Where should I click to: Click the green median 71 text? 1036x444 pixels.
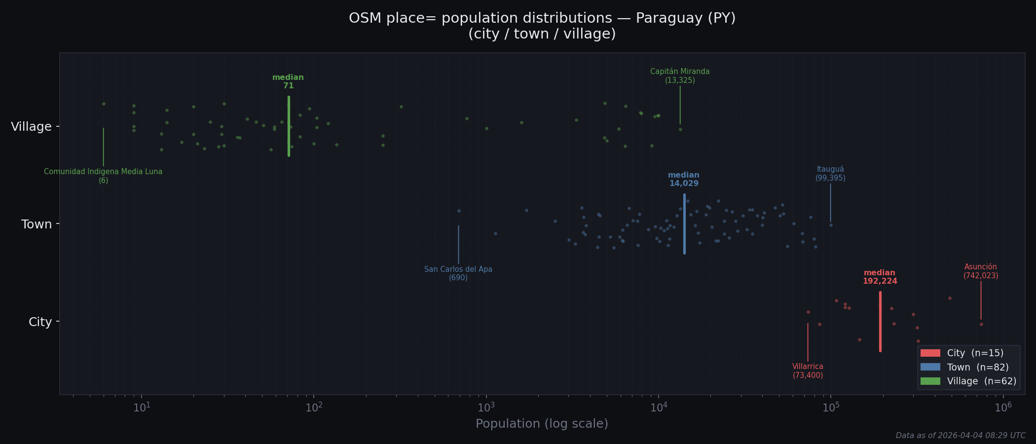click(x=288, y=82)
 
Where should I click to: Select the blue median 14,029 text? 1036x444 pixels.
click(x=684, y=180)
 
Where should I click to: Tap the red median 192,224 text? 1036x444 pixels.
click(x=880, y=277)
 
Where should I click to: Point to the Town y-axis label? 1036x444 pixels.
click(x=37, y=224)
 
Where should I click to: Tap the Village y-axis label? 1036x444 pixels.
click(x=31, y=127)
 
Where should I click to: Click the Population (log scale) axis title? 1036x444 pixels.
click(x=542, y=424)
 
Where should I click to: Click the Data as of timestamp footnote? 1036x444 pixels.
click(x=960, y=436)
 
